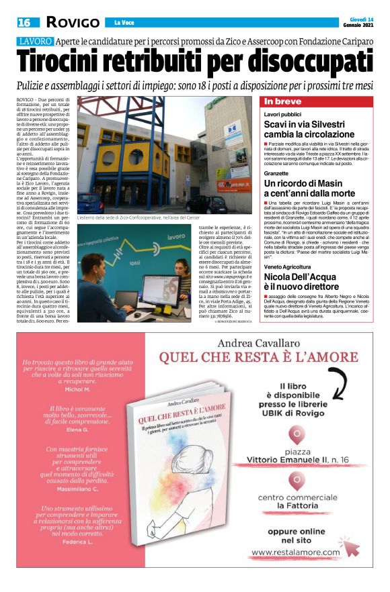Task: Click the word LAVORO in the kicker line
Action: tap(34, 42)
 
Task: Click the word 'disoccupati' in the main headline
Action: tap(296, 63)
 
